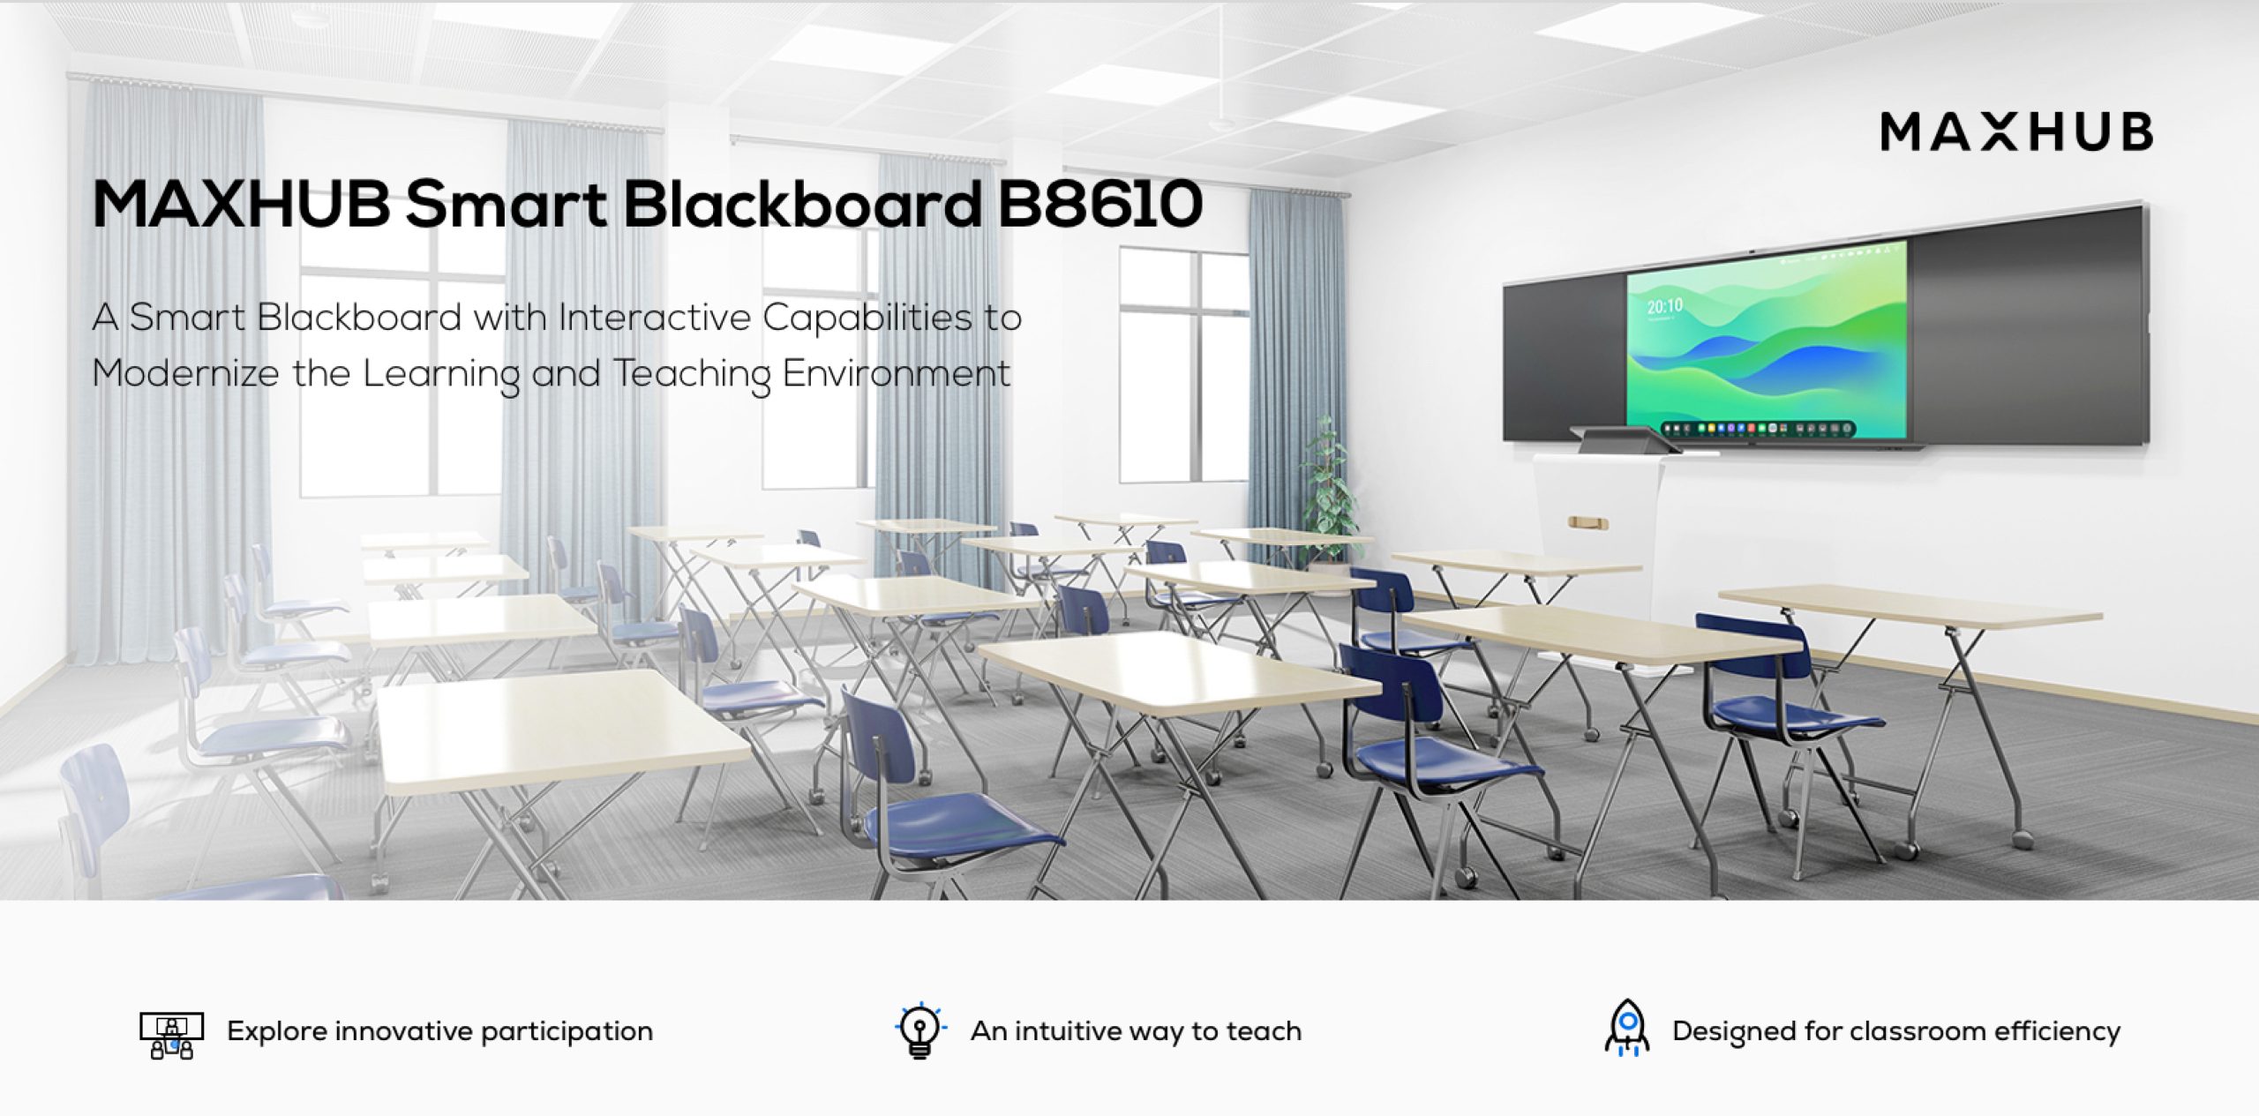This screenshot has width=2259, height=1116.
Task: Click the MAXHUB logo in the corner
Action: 2016,132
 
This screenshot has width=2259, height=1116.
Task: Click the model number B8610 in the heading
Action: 1099,205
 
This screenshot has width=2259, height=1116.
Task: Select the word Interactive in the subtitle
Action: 654,318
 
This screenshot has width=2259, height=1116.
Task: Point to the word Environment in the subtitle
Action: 896,373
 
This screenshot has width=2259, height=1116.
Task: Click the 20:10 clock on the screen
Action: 1665,306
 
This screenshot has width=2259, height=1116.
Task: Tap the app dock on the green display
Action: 1758,429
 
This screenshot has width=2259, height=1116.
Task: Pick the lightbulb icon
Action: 919,1030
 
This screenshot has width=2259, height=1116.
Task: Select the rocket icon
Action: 1627,1029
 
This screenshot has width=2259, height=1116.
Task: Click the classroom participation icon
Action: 172,1035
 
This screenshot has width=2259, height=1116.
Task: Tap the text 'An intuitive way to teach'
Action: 1136,1031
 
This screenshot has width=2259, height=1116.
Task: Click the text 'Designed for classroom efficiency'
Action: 1896,1031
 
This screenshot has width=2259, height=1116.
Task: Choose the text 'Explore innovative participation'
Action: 439,1031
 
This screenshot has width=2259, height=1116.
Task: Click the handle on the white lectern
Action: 1587,524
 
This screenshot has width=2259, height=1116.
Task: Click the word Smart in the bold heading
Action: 507,205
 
